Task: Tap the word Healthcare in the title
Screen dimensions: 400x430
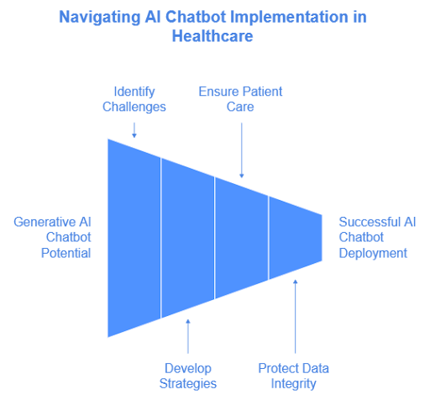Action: [214, 36]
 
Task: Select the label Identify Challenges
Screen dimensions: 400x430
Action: [134, 98]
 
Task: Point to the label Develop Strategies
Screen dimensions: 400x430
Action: [188, 376]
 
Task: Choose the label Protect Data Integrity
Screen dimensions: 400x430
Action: [294, 376]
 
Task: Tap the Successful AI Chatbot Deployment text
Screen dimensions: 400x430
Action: [376, 237]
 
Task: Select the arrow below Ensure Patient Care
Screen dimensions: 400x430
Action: [242, 149]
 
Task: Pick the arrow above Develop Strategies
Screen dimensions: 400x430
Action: [188, 336]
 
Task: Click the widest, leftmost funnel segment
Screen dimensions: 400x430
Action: [134, 238]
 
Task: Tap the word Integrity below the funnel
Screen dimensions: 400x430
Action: [293, 383]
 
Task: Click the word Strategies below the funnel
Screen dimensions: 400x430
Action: [189, 383]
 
